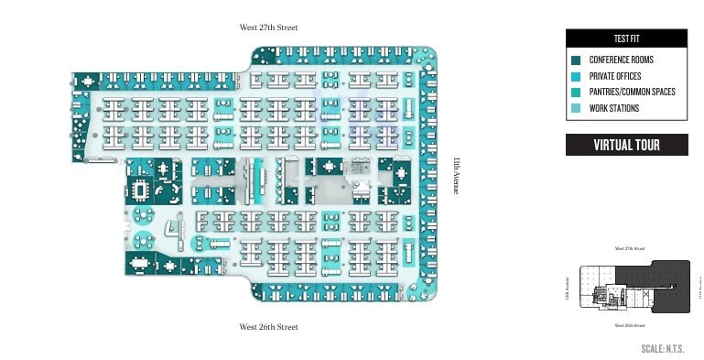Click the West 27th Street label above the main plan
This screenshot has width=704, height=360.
269,27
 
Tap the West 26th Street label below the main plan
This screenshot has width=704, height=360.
269,327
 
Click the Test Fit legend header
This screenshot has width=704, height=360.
625,38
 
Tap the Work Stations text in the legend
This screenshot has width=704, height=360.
614,108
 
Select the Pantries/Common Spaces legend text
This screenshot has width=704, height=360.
633,93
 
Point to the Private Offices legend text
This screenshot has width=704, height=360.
615,77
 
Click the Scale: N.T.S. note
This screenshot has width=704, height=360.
663,349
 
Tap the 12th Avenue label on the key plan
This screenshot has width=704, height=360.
568,290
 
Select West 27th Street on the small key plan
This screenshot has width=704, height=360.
630,248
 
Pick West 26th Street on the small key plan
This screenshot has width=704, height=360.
630,326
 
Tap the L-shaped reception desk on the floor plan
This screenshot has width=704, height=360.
171,229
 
